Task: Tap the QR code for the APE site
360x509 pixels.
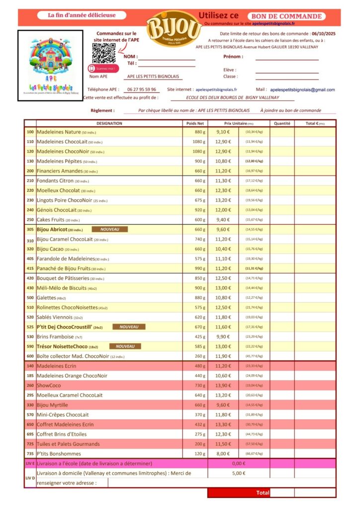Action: point(103,53)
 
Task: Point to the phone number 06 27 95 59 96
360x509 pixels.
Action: point(141,89)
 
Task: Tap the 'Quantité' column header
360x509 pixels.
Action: point(282,123)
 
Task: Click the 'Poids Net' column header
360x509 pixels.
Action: point(195,123)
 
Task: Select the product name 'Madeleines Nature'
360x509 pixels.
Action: point(58,132)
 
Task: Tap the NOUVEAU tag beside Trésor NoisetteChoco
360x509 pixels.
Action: point(125,346)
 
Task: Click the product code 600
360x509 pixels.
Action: point(30,356)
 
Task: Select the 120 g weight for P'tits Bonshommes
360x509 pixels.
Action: point(200,454)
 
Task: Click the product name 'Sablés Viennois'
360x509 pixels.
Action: point(55,317)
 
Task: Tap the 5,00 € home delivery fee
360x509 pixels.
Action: point(239,473)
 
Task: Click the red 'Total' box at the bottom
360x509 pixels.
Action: point(271,493)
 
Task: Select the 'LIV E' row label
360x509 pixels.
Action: point(30,463)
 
